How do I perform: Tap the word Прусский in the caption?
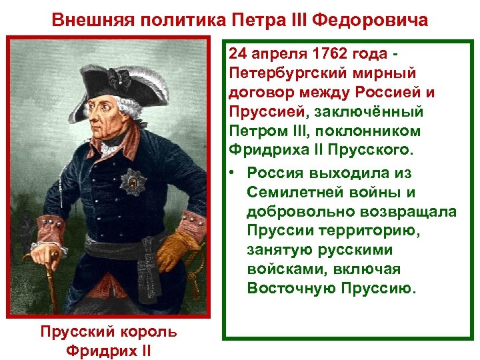(x=77, y=331)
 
